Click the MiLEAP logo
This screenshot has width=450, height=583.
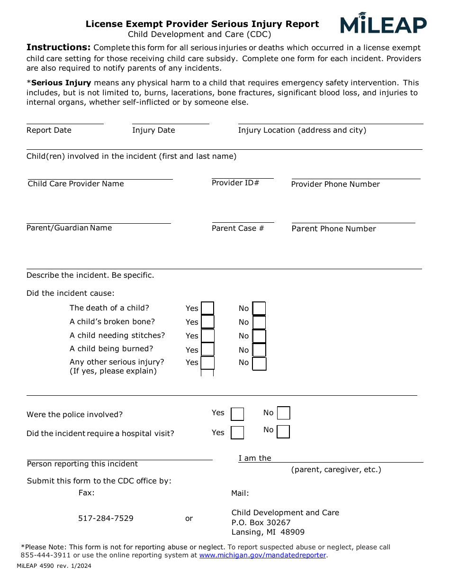[x=383, y=24]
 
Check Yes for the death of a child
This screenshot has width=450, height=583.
[x=207, y=309]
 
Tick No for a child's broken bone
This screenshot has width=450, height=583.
[x=259, y=322]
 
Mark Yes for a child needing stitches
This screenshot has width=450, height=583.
[x=207, y=336]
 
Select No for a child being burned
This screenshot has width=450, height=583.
[x=259, y=350]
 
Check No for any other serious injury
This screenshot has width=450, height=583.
[x=259, y=364]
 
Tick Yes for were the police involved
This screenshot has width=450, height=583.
[x=237, y=414]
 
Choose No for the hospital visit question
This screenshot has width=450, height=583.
[x=283, y=432]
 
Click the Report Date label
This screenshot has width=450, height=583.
[x=49, y=130]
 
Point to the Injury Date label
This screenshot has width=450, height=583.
[x=153, y=130]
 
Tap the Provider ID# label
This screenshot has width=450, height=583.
[x=235, y=183]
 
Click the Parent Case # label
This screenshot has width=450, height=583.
[x=238, y=228]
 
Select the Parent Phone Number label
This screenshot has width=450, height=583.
[x=333, y=229]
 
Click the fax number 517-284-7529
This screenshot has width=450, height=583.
[x=106, y=519]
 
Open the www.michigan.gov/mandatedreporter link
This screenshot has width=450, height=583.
[x=262, y=555]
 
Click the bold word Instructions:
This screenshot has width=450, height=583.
[x=58, y=47]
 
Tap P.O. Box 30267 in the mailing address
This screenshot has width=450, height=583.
[x=261, y=523]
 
